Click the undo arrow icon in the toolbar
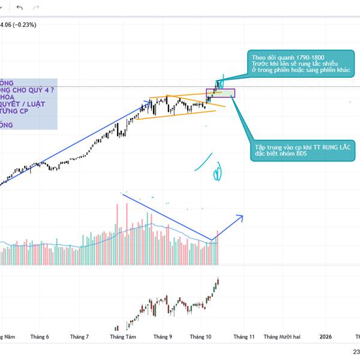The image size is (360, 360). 20,7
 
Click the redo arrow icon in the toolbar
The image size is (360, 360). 37,7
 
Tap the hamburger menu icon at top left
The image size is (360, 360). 2,7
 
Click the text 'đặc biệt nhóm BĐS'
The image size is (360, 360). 281,154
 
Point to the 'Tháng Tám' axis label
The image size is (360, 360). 122,337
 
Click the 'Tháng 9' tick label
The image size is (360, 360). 162,337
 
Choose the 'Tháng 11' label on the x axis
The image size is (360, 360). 244,337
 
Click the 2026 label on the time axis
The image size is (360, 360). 325,337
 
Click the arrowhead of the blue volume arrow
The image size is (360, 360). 241,217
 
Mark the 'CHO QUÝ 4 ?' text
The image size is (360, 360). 34,89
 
